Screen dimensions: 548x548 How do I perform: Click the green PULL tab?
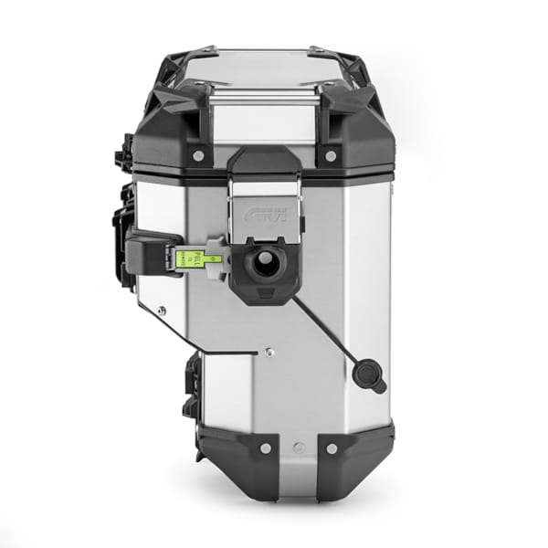point(188,259)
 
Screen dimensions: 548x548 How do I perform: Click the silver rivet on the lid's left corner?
point(197,156)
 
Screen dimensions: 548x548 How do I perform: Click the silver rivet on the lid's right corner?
point(331,156)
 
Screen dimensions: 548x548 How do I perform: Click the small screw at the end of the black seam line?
point(268,350)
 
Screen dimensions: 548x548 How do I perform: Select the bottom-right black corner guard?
point(352,461)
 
